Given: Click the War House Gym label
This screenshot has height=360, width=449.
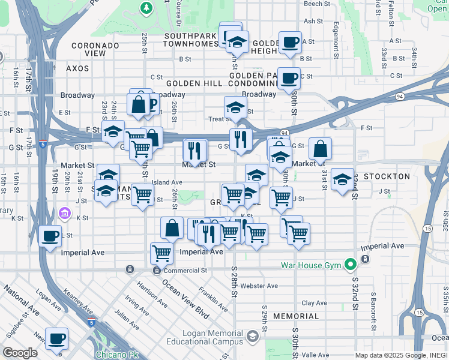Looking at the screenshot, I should pyautogui.click(x=310, y=265).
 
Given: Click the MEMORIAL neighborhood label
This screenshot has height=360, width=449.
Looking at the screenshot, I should pyautogui.click(x=296, y=316).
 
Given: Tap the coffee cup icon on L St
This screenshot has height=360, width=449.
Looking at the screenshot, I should pyautogui.click(x=50, y=235).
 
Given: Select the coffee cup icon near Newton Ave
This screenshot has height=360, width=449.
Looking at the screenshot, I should pyautogui.click(x=58, y=338).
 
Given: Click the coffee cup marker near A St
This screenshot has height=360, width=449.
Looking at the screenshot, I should pyautogui.click(x=291, y=42).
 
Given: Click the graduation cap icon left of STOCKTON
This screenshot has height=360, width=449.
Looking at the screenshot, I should pyautogui.click(x=342, y=179).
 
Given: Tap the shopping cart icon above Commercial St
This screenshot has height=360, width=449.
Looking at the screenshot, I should pyautogui.click(x=161, y=253).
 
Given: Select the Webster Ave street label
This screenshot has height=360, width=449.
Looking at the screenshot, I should pyautogui.click(x=259, y=286).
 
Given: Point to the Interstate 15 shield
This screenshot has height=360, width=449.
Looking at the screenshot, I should pyautogui.click(x=426, y=229).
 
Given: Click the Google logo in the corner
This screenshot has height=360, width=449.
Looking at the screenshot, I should pyautogui.click(x=20, y=353).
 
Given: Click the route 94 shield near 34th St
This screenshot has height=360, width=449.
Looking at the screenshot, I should pyautogui.click(x=400, y=95).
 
